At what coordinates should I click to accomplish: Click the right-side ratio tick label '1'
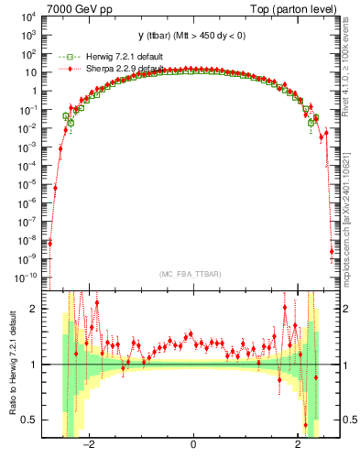click(347, 365)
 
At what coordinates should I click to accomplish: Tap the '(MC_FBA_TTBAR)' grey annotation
click(192, 274)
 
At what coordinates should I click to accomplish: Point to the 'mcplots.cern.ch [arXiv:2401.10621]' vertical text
click(349, 207)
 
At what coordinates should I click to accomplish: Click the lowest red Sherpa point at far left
click(49, 244)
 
